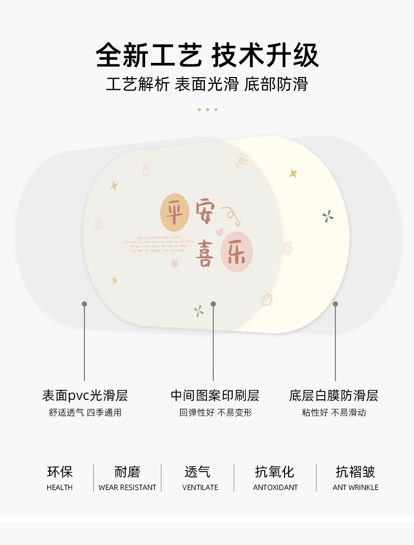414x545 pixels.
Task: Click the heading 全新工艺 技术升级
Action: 207,56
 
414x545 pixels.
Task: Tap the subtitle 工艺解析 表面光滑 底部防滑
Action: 207,84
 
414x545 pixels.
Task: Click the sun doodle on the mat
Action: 242,161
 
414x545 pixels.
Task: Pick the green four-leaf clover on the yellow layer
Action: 328,216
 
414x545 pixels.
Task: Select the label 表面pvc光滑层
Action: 85,396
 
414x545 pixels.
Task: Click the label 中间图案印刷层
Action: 215,396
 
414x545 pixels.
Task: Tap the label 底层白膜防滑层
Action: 333,396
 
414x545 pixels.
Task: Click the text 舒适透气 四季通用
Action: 85,413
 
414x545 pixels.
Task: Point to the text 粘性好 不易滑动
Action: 333,413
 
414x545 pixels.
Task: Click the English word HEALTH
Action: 60,487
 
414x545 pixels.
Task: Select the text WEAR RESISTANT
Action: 127,487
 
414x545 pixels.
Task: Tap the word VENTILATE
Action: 200,487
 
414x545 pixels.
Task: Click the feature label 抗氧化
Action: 275,472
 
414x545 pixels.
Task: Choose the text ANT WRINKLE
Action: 355,487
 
